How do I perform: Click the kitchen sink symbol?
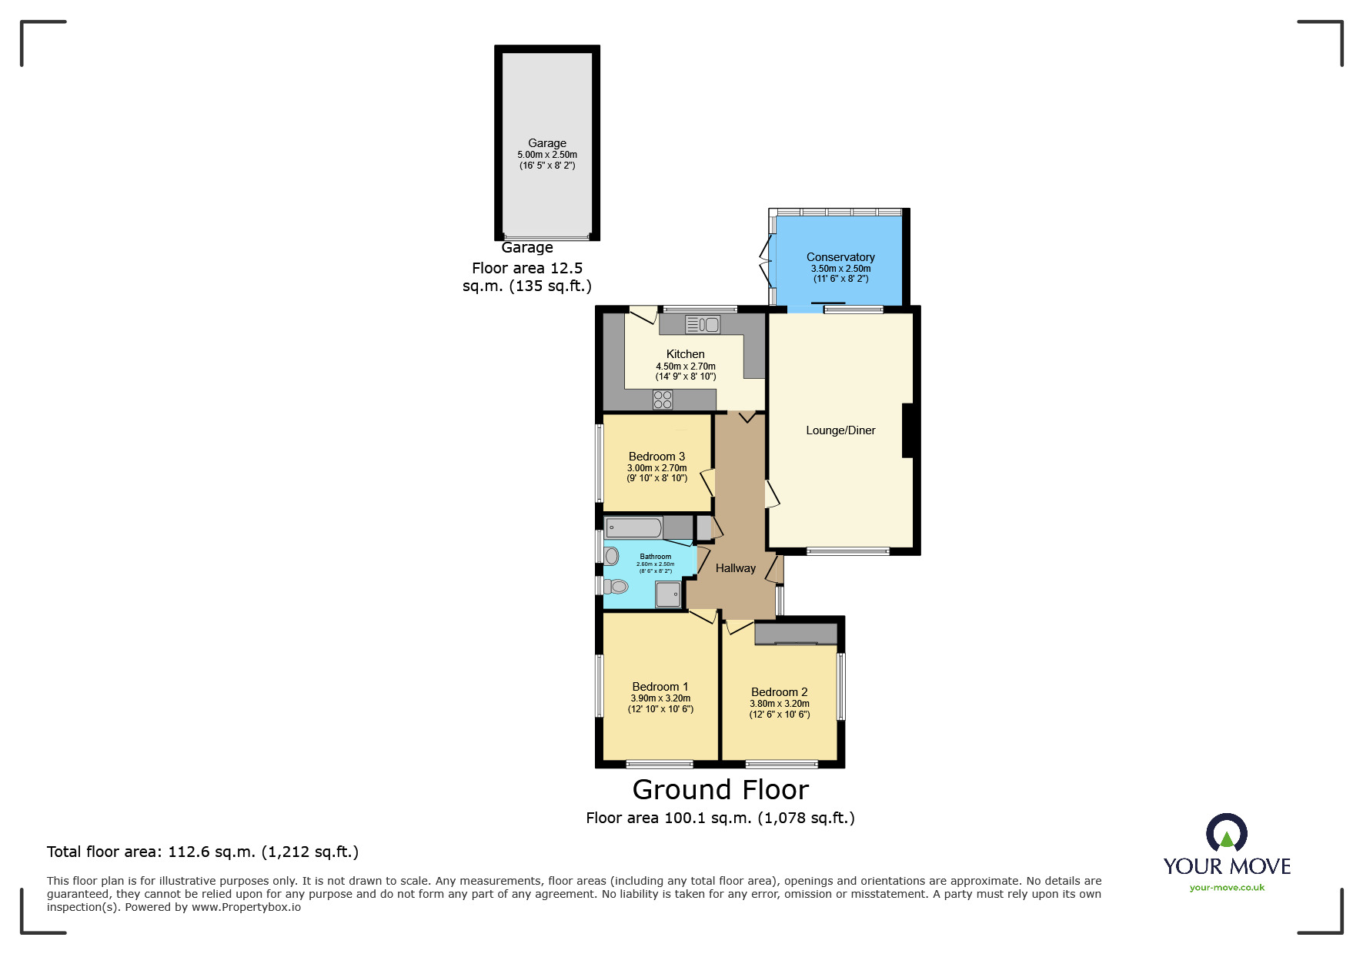[x=702, y=325]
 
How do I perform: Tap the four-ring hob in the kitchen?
[x=663, y=400]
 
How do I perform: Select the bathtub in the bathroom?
[x=634, y=528]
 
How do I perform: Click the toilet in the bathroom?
[x=617, y=587]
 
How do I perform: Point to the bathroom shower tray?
[x=668, y=594]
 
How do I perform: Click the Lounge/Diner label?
[x=840, y=430]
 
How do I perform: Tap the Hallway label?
[x=735, y=568]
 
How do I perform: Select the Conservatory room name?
[x=840, y=257]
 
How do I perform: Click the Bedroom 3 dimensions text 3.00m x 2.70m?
[x=656, y=468]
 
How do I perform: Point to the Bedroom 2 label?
[x=779, y=692]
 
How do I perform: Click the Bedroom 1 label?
[x=660, y=687]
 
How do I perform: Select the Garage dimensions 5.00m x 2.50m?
[x=547, y=155]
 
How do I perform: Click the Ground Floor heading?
[x=720, y=790]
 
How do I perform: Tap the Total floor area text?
[x=202, y=852]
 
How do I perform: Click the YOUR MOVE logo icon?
[x=1227, y=834]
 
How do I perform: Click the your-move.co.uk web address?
[x=1227, y=888]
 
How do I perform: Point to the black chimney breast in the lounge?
[x=907, y=430]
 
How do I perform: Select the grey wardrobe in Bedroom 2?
[x=795, y=633]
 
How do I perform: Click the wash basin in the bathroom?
[x=611, y=556]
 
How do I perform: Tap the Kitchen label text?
[x=685, y=354]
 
